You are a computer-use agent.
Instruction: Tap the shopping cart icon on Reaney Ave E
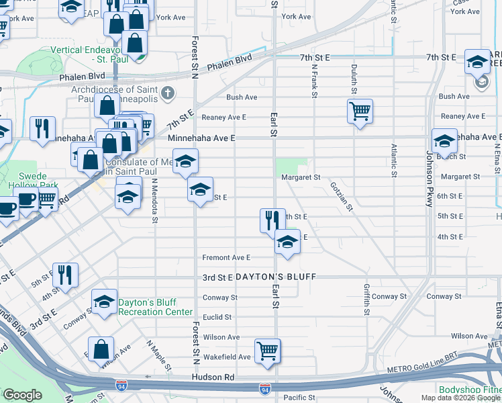[360, 110]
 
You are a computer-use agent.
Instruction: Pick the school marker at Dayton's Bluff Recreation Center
[104, 303]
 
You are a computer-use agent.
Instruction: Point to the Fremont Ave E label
[227, 257]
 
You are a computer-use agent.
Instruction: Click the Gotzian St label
[342, 196]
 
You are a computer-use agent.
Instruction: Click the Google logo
[23, 395]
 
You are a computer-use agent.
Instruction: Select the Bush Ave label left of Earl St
[242, 97]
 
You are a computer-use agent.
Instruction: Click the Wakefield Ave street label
[227, 357]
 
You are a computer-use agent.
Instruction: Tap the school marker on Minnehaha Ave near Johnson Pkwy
[444, 140]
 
